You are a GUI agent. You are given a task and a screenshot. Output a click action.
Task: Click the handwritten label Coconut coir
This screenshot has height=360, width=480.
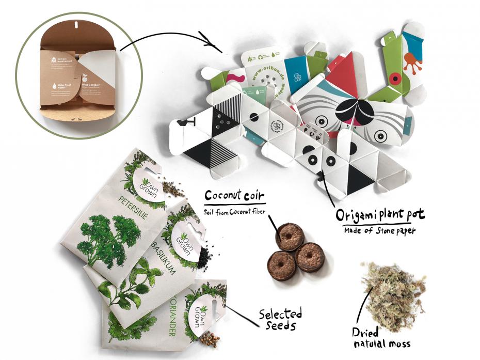[235, 196]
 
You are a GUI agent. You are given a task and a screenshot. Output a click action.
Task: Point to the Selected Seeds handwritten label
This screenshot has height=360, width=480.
[280, 319]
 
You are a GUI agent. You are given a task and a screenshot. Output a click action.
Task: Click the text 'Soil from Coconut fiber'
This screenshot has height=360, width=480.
[232, 210]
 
